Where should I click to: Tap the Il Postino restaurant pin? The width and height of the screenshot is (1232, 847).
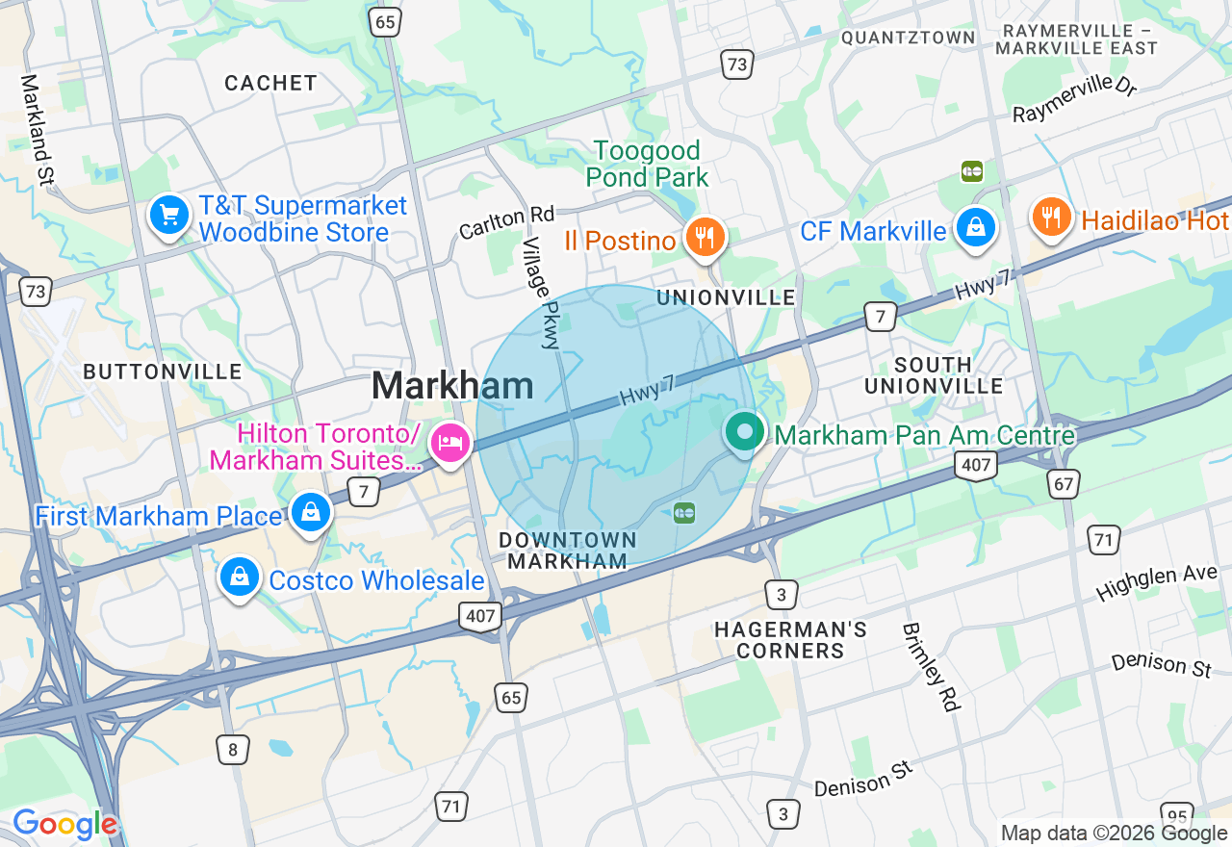(706, 236)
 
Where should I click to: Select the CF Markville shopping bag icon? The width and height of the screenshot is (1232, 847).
(976, 228)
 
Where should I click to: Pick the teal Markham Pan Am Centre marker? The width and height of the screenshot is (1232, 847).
(744, 432)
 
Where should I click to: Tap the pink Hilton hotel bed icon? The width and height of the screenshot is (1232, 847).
(450, 443)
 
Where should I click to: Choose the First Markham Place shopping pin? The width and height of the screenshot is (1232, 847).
(311, 512)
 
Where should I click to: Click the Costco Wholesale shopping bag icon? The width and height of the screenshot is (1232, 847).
(238, 577)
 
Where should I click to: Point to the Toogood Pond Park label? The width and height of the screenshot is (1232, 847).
(647, 164)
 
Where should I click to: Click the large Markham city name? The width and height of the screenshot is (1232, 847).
(452, 386)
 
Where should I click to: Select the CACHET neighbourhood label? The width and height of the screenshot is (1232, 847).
(270, 83)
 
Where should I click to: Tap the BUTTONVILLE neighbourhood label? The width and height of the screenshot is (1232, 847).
(162, 372)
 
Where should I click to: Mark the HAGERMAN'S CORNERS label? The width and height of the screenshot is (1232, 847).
(790, 640)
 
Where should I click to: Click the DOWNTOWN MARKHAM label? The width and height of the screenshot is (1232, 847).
(568, 551)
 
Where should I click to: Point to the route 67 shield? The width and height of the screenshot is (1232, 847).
(1065, 483)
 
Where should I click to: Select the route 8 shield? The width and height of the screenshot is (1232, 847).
(232, 749)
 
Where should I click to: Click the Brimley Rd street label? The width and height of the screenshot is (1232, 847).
(931, 667)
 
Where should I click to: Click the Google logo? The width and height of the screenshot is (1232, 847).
(64, 825)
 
